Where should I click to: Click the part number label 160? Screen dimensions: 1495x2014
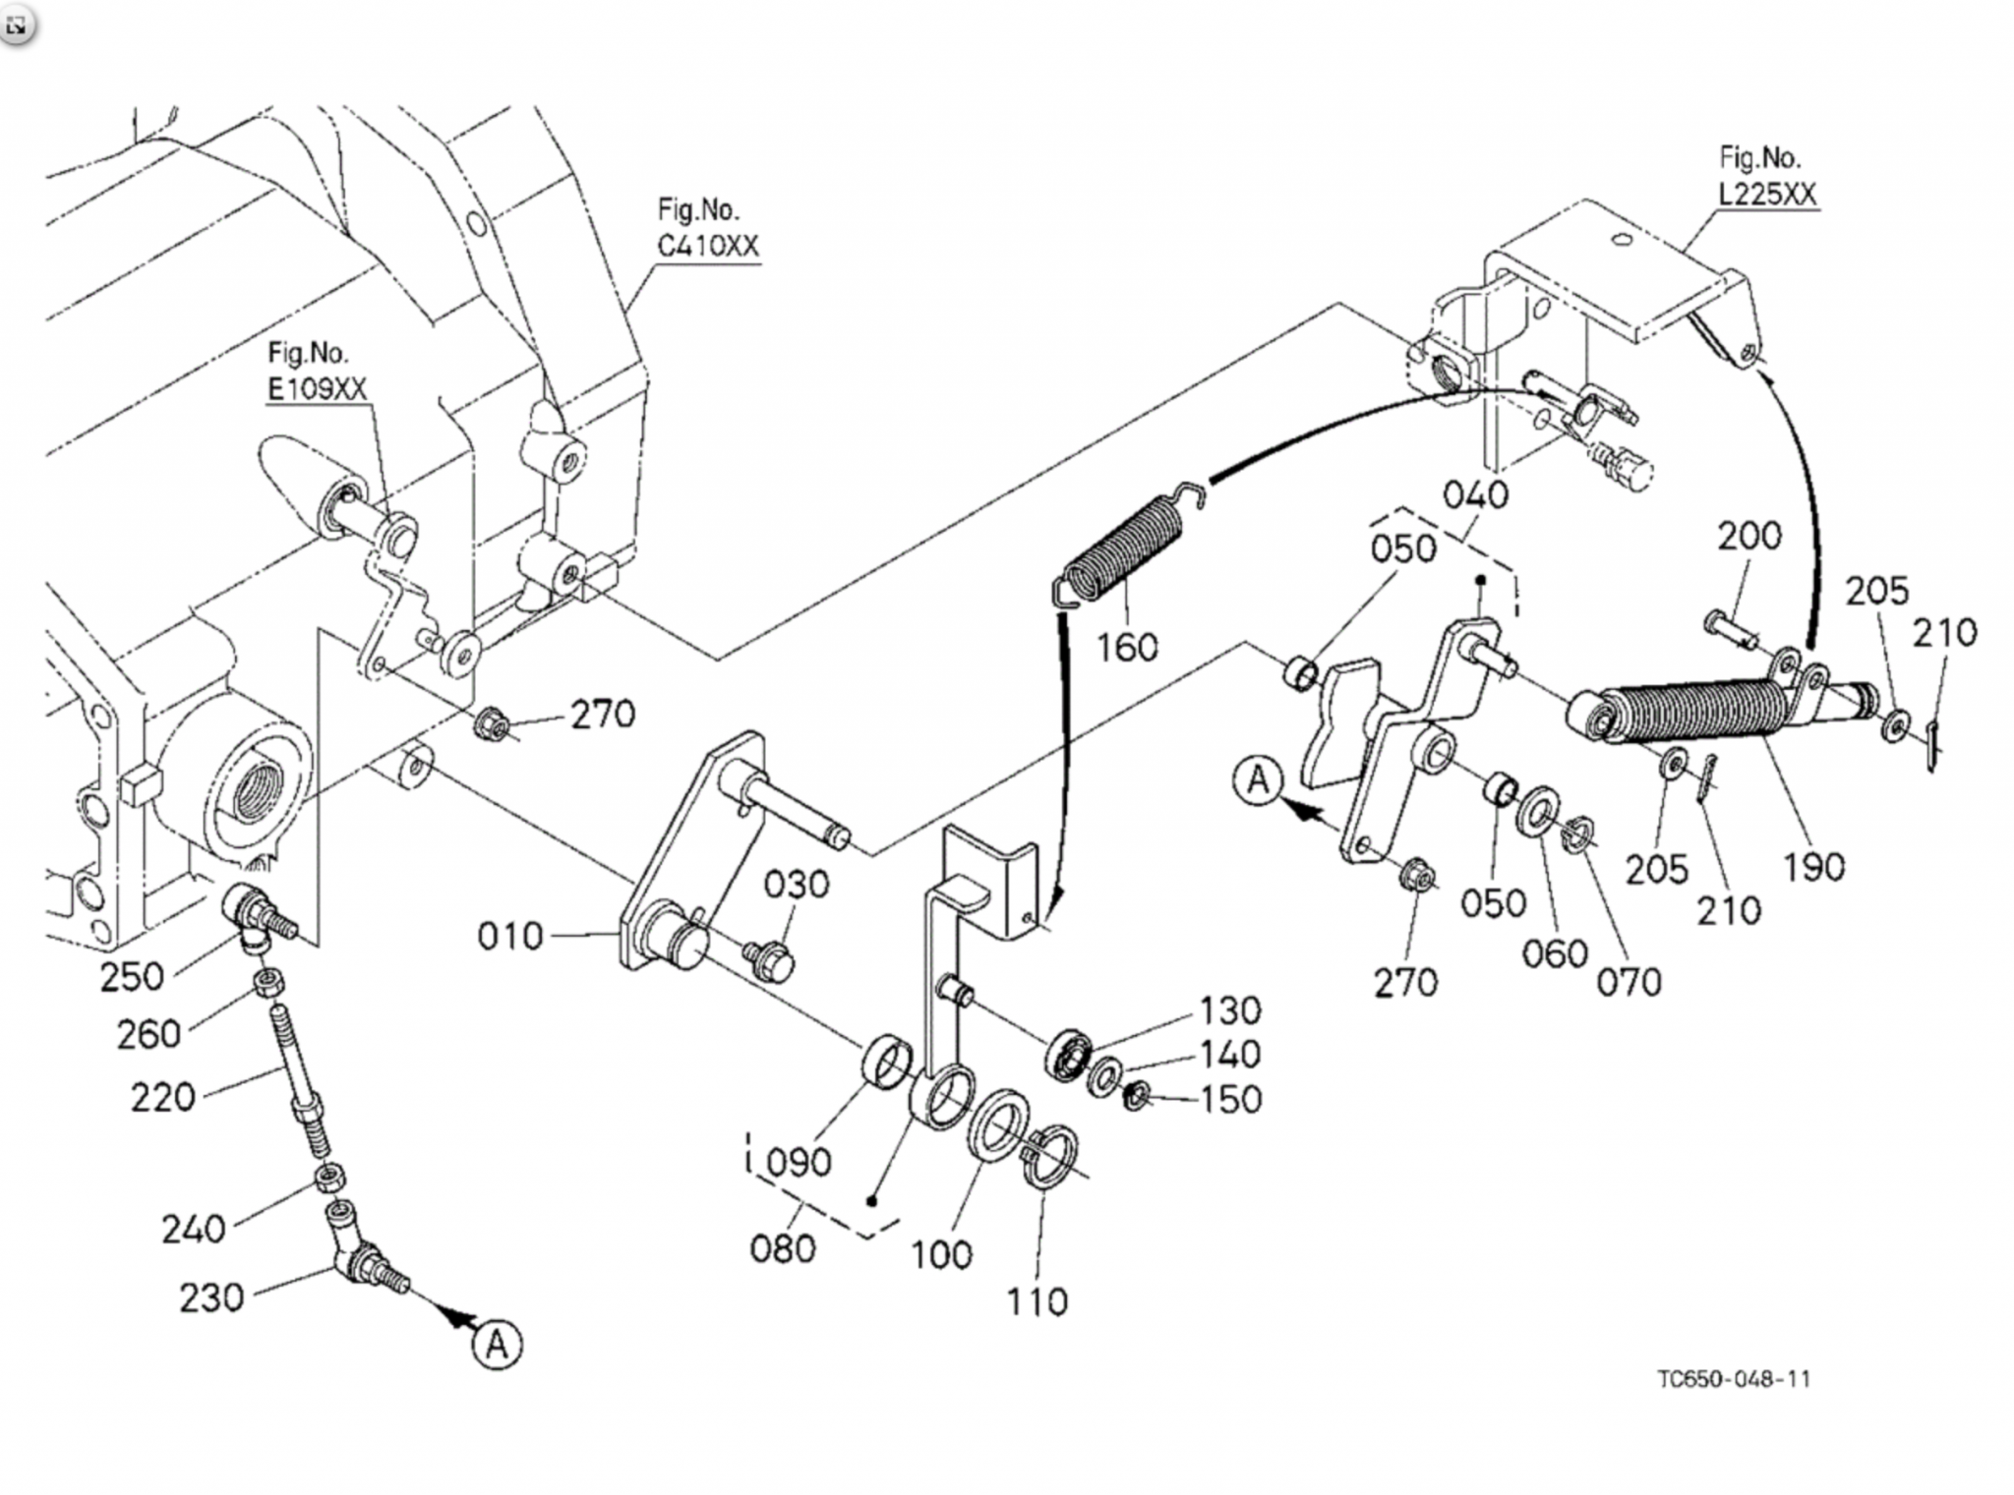tap(1127, 647)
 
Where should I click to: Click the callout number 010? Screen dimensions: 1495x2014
tap(509, 936)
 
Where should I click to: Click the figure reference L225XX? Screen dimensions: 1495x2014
tap(1766, 194)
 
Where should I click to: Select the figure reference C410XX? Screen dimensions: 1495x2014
tap(708, 246)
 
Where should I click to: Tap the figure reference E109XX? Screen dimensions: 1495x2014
tap(317, 388)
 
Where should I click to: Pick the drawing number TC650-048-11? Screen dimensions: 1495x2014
tap(1733, 1379)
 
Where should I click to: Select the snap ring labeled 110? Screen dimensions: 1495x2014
tap(1053, 1157)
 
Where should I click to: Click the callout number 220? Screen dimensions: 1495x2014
tap(162, 1096)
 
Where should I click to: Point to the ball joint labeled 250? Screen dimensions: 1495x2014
tap(252, 913)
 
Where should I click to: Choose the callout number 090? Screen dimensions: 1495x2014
tap(799, 1163)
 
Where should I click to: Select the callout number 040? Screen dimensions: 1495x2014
tap(1475, 494)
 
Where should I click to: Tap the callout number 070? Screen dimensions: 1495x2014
tap(1629, 981)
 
